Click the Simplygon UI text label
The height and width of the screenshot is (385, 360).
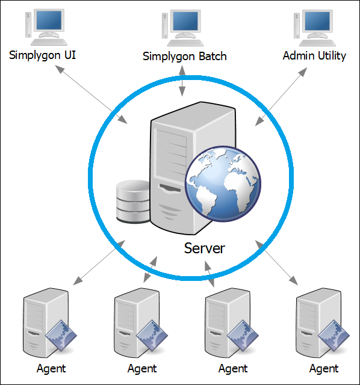[x=42, y=55]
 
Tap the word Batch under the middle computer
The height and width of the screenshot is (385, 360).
[x=213, y=56]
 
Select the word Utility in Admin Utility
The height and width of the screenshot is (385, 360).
[x=332, y=56]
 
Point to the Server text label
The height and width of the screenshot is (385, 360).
[x=205, y=248]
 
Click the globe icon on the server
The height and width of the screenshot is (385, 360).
[x=223, y=184]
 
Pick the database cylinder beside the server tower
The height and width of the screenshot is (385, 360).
[x=133, y=202]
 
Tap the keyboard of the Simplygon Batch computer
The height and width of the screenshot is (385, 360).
[x=185, y=43]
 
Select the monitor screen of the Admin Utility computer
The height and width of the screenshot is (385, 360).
[x=317, y=21]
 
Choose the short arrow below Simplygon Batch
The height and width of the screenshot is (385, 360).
[x=182, y=81]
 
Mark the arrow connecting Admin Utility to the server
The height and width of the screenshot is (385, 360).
[x=281, y=97]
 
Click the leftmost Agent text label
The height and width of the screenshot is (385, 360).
[x=51, y=369]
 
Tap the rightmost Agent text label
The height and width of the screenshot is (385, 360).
[x=324, y=369]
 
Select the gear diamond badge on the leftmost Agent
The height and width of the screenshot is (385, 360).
[x=61, y=336]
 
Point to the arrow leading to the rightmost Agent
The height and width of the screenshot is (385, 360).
[x=277, y=263]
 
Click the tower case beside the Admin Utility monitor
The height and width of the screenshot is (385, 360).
[x=297, y=26]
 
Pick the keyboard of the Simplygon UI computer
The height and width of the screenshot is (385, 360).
[x=49, y=42]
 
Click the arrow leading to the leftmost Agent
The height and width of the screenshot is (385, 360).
[x=99, y=263]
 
